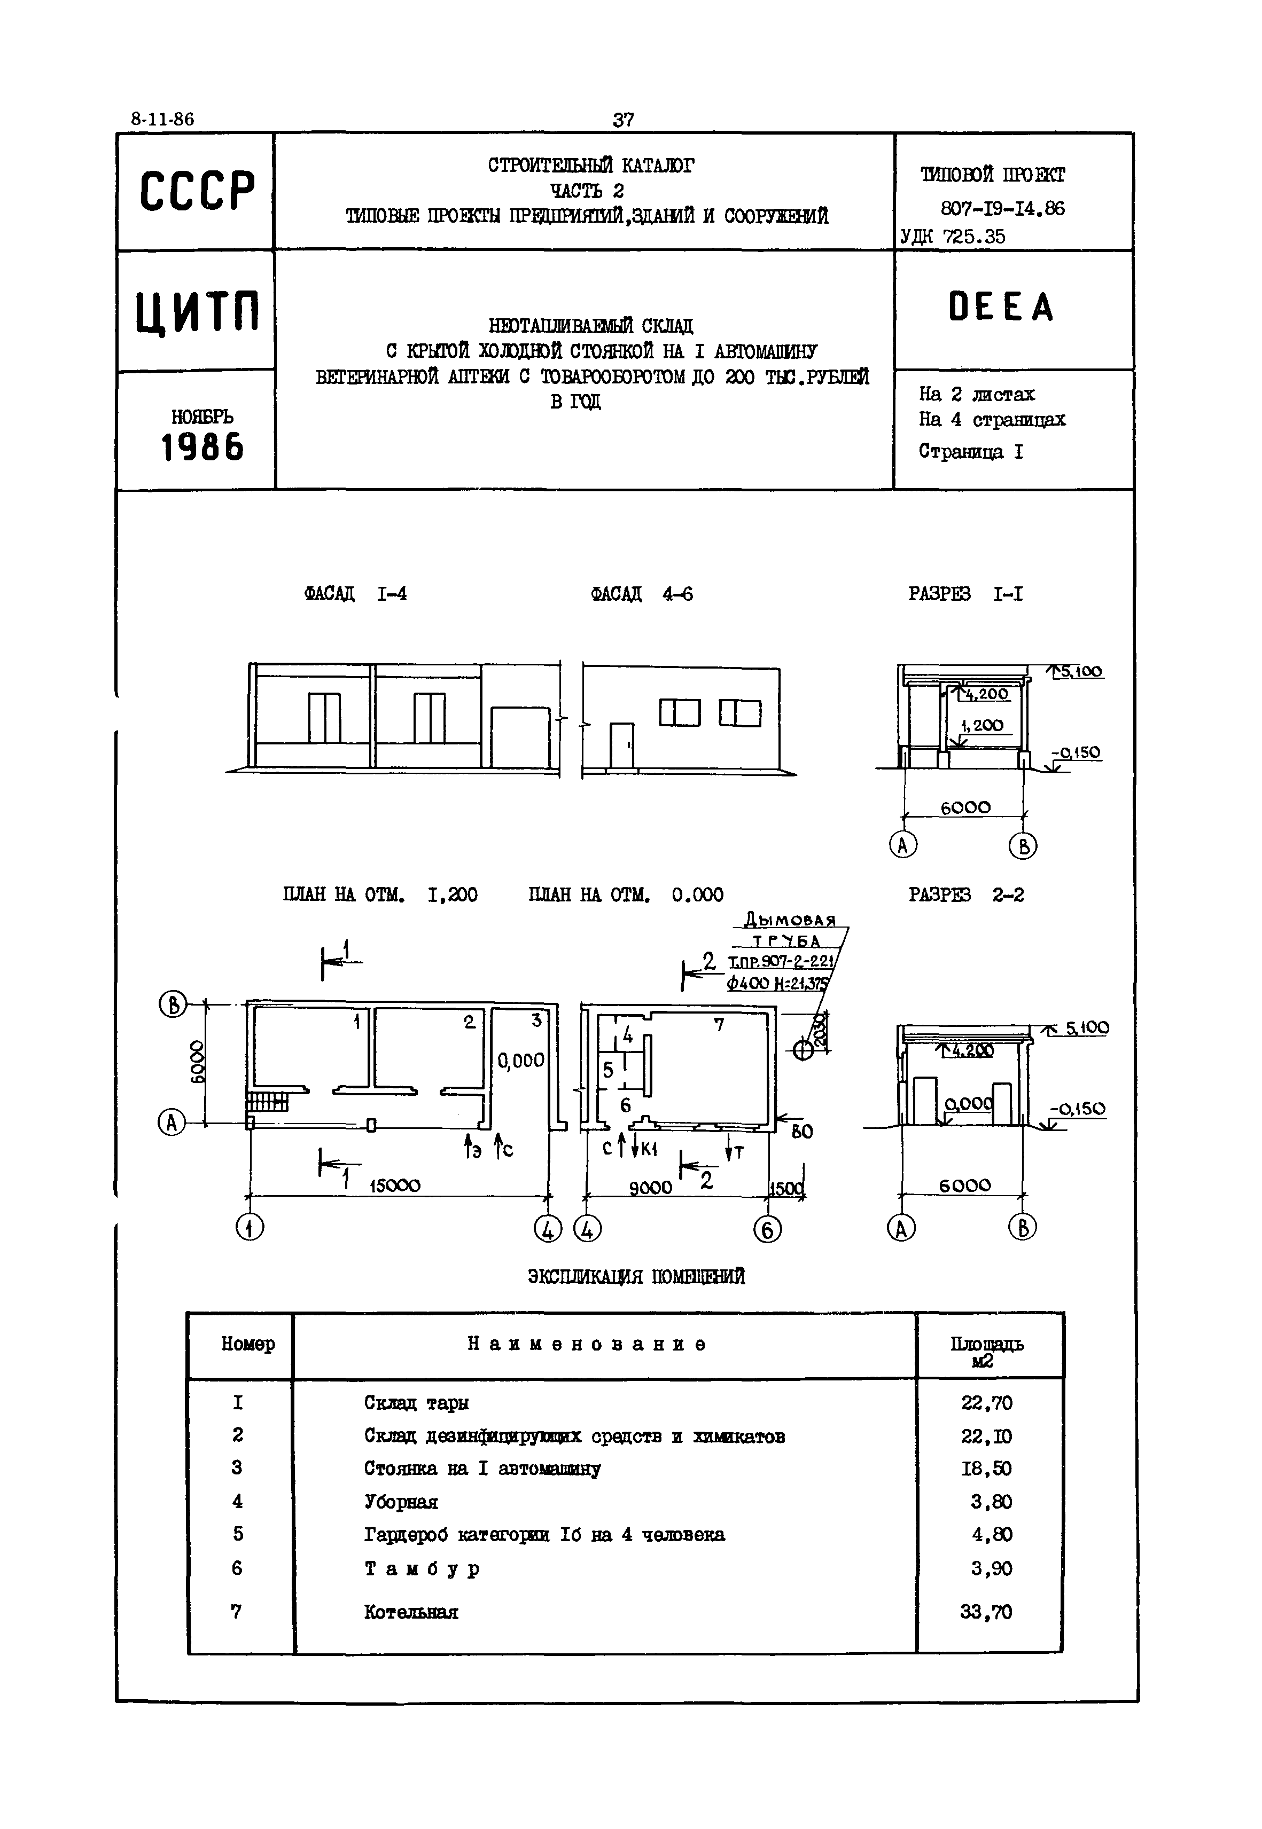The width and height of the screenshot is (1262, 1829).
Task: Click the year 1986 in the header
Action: (202, 448)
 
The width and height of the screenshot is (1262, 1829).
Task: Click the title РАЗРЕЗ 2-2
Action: (965, 894)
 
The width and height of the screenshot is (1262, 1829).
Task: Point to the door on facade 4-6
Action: (621, 744)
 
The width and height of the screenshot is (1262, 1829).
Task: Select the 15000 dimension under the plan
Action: (394, 1186)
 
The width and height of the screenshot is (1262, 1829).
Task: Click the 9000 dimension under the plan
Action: (650, 1187)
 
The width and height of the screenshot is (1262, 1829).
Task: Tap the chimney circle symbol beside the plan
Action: (803, 1050)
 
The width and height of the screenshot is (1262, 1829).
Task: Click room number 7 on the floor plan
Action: (718, 1025)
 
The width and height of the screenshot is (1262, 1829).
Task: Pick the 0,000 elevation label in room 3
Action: (520, 1061)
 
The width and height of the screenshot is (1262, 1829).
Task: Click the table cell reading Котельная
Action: (411, 1612)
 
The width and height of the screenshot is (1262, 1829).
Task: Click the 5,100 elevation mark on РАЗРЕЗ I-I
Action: (1081, 672)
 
